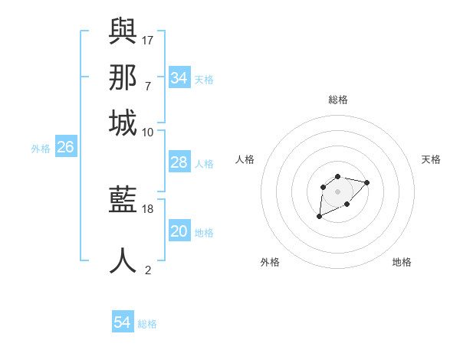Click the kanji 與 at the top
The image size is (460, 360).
click(x=123, y=31)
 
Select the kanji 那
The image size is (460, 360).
click(x=123, y=77)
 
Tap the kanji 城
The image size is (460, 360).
click(x=123, y=123)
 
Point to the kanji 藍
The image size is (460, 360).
click(x=123, y=200)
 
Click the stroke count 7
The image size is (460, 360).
click(x=147, y=86)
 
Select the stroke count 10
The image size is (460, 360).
click(x=148, y=132)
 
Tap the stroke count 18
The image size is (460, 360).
click(x=149, y=208)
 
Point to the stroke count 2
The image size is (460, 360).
click(x=148, y=270)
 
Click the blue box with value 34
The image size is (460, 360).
click(x=179, y=78)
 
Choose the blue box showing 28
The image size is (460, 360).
click(x=179, y=162)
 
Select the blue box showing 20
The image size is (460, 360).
click(x=179, y=231)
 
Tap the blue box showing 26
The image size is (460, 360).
click(x=65, y=148)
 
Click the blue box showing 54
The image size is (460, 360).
click(x=123, y=322)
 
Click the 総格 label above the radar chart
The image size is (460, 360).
click(x=338, y=100)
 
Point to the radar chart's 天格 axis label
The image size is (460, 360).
click(x=432, y=159)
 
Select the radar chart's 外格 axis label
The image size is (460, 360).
click(x=270, y=262)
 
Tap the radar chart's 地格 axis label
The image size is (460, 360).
click(x=402, y=262)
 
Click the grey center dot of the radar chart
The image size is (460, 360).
click(x=337, y=191)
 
